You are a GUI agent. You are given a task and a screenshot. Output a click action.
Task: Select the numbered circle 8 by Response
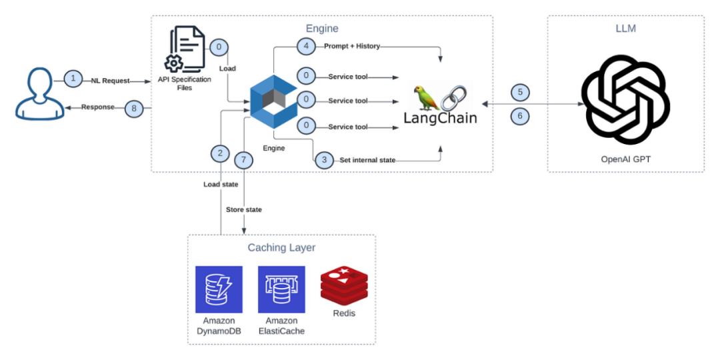point(134,107)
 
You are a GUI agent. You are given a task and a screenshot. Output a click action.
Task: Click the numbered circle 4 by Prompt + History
point(306,47)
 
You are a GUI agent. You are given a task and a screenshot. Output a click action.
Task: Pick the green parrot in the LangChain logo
point(427,97)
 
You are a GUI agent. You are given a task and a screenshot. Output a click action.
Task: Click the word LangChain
point(441,118)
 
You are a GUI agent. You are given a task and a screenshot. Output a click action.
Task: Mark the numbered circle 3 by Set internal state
point(324,161)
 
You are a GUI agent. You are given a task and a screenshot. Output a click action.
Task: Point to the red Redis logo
point(344,285)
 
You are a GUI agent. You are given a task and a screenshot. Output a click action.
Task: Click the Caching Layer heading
point(281,248)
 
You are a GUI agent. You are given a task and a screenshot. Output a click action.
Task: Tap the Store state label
point(244,210)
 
